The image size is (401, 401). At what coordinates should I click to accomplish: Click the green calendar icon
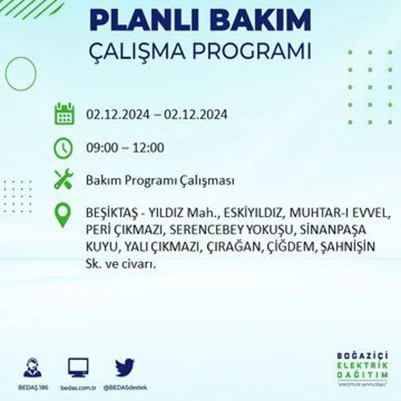click(64, 114)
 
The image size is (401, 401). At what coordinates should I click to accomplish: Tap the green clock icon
click(63, 148)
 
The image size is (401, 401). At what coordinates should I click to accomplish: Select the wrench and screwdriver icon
click(63, 179)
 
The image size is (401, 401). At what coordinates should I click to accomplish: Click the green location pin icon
click(63, 216)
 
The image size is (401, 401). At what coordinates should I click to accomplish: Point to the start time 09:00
click(101, 148)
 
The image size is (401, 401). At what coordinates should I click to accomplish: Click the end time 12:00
click(149, 148)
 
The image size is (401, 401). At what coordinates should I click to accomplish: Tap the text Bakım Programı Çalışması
click(160, 181)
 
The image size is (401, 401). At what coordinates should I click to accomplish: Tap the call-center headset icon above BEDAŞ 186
click(32, 367)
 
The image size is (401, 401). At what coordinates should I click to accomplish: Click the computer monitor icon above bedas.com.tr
click(78, 367)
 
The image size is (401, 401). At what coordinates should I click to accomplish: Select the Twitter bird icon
click(124, 367)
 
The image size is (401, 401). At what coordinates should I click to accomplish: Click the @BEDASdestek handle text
click(125, 387)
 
